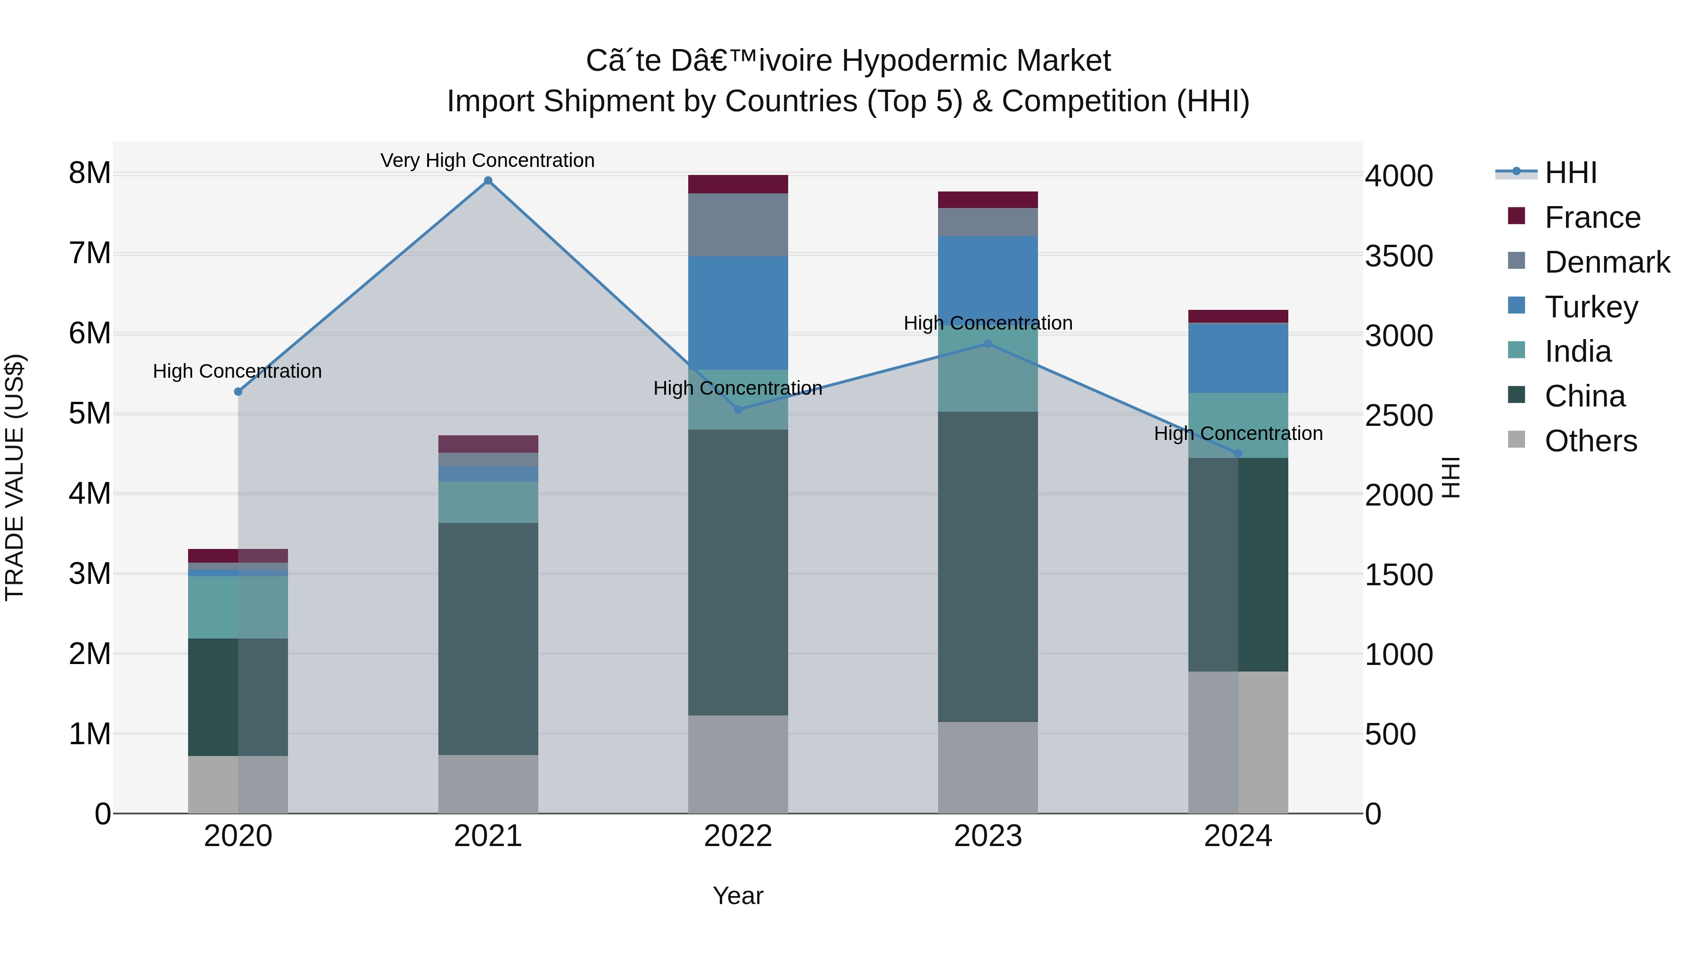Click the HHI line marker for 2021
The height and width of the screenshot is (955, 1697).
[x=488, y=181]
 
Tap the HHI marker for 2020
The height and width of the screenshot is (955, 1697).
[x=239, y=391]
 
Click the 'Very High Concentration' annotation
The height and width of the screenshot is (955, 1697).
[x=487, y=161]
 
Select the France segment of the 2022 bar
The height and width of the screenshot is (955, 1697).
[x=738, y=184]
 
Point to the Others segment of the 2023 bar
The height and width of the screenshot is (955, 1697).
[x=988, y=767]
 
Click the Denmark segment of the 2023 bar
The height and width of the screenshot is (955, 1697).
[x=988, y=222]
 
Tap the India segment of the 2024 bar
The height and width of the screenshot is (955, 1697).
[x=1238, y=425]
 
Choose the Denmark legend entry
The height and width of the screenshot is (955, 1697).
[x=1607, y=262]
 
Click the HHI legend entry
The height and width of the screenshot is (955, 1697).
[x=1571, y=173]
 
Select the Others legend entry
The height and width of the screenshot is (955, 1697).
[x=1590, y=441]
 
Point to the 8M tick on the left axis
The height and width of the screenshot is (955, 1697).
[x=90, y=174]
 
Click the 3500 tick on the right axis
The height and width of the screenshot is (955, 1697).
[x=1399, y=257]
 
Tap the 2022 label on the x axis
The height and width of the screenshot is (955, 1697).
[x=738, y=836]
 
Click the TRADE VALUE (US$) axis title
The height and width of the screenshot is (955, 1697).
[x=15, y=477]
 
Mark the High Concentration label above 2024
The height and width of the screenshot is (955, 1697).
[x=1238, y=434]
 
